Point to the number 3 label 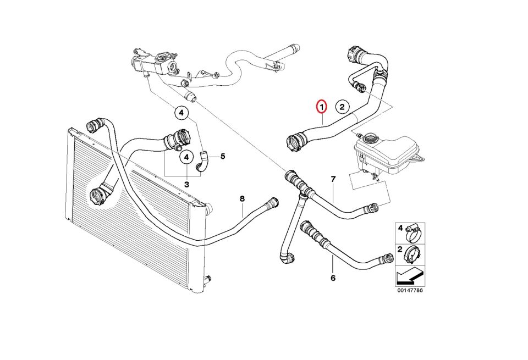click(x=186, y=184)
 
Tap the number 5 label click(x=223, y=156)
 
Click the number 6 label click(x=333, y=278)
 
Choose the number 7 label click(x=333, y=179)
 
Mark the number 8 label click(x=242, y=198)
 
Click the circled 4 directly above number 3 click(x=186, y=157)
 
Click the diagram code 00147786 click(x=410, y=290)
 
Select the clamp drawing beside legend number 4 click(x=415, y=233)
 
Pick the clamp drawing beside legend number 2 click(x=415, y=253)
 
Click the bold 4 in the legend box click(x=400, y=228)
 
